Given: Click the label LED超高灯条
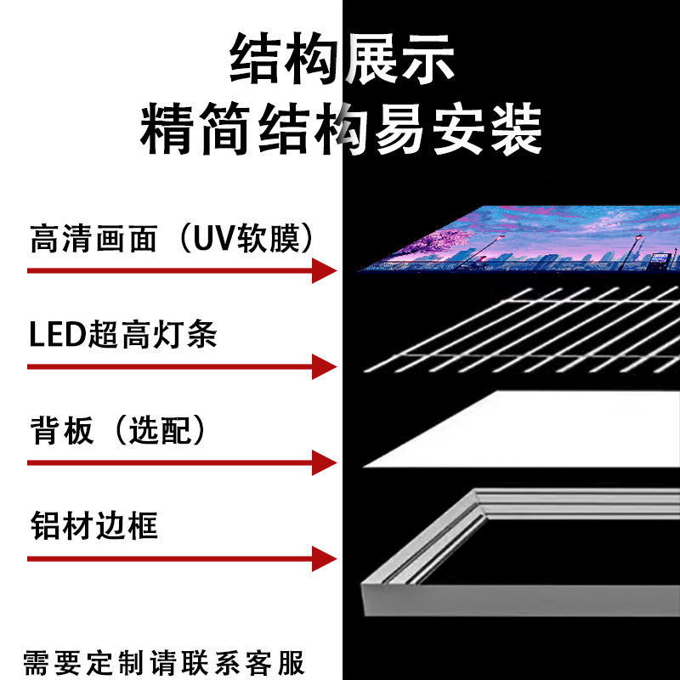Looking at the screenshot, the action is coord(123,336).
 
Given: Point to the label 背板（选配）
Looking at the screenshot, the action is coord(119,432).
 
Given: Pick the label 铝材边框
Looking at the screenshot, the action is coord(93,525).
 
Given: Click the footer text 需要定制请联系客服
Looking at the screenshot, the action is coord(163,660).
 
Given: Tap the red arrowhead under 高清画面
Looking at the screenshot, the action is coord(324,270).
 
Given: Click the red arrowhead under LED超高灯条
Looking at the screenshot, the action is coord(324,366).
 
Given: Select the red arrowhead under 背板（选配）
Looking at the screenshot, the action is coord(324,462).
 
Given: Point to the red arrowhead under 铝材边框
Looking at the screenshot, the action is coord(324,558).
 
